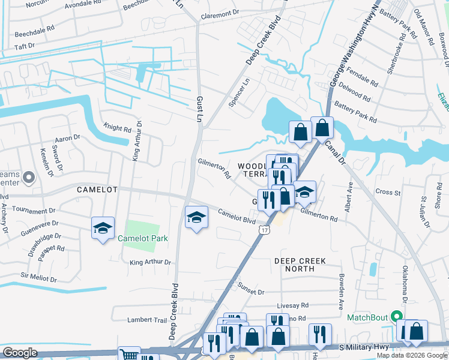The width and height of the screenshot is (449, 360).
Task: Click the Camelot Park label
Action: [x=143, y=238]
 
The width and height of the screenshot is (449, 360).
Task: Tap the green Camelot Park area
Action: [x=142, y=229]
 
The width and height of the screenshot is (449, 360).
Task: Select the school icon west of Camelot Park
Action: [x=103, y=228]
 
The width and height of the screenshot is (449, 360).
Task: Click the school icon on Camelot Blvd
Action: [x=196, y=218]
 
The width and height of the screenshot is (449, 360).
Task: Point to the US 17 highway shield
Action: [x=264, y=230]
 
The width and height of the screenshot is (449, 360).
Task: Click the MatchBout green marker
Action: [x=396, y=316]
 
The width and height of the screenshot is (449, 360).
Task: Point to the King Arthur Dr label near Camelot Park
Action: [x=150, y=262]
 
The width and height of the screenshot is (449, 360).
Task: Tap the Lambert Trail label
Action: [x=147, y=320]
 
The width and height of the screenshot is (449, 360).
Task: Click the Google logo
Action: [x=20, y=353]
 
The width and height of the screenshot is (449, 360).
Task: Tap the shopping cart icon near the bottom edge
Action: [x=128, y=355]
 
